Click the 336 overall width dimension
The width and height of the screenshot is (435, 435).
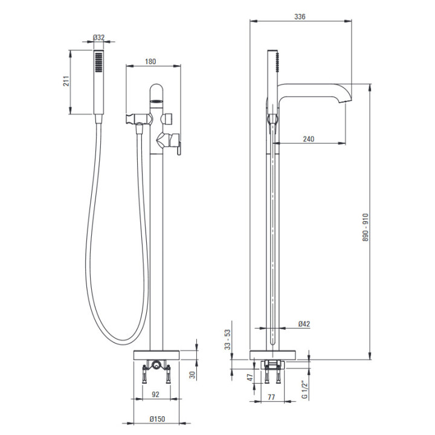pyautogui.click(x=300, y=17)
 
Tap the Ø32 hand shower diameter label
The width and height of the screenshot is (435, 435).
pyautogui.click(x=98, y=37)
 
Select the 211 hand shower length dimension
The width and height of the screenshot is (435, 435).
pyautogui.click(x=66, y=81)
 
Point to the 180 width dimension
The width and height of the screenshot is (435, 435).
pyautogui.click(x=150, y=61)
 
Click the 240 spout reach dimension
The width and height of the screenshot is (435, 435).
pyautogui.click(x=309, y=139)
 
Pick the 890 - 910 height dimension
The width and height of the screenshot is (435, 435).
pyautogui.click(x=366, y=227)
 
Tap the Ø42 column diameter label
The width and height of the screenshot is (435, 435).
pyautogui.click(x=304, y=324)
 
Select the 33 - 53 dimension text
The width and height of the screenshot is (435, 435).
pyautogui.click(x=228, y=340)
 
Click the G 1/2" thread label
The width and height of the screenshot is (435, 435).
pyautogui.click(x=304, y=390)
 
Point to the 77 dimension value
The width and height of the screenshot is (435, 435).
pyautogui.click(x=271, y=397)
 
